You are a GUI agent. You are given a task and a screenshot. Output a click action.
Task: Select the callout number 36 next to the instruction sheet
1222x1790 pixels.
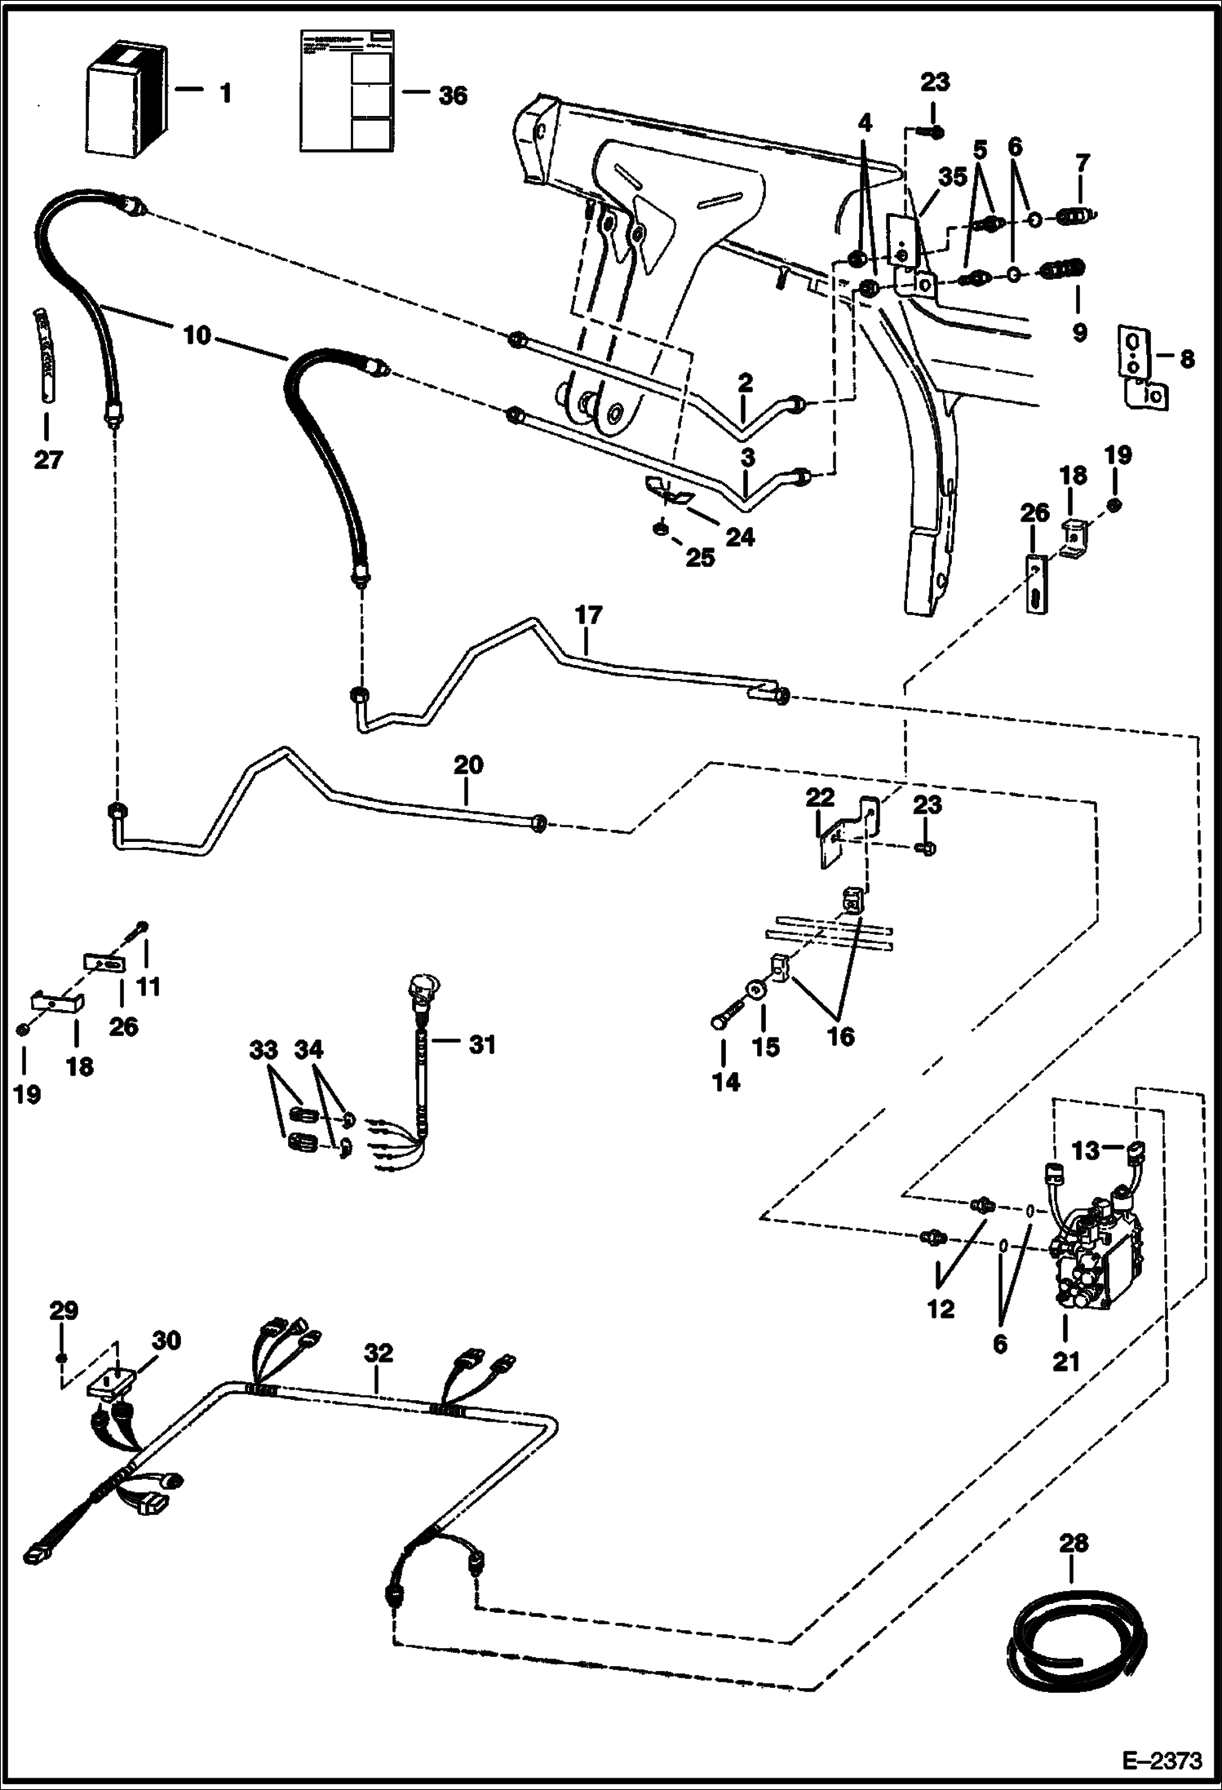point(453,95)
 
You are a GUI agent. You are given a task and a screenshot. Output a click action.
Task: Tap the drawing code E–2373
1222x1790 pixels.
point(1162,1761)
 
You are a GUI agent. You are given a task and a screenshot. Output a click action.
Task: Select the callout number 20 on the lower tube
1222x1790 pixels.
point(467,764)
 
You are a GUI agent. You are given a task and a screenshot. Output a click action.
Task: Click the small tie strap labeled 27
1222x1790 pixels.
point(45,354)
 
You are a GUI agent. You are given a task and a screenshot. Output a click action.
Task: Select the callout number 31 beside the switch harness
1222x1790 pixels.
point(482,1044)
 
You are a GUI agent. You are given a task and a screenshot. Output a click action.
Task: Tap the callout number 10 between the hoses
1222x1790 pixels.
point(197,335)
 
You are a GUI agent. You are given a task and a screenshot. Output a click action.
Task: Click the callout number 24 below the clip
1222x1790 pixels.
point(739,537)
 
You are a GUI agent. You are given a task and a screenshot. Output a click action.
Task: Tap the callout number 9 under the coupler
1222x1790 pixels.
point(1079,332)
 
